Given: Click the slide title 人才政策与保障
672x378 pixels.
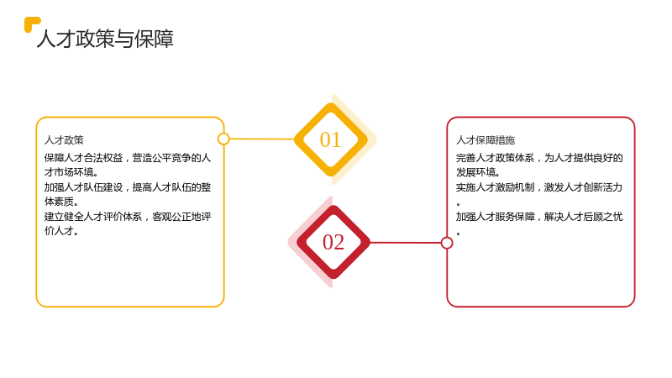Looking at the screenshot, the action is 106,39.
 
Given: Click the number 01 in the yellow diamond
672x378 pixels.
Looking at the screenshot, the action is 330,139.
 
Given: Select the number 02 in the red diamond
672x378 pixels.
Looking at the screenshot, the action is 333,242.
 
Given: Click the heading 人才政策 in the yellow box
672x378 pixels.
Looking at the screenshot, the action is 64,140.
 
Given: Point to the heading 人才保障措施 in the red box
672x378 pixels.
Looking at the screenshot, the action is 486,140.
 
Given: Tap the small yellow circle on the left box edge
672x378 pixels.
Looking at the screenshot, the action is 223,139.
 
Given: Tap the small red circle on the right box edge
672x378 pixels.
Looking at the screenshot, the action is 447,243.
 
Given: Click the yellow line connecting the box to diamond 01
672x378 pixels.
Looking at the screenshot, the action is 262,139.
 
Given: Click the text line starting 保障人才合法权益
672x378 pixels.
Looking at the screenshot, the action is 128,158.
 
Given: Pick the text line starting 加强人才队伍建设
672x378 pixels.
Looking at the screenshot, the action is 128,187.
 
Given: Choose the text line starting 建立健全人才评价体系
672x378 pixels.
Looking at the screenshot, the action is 128,217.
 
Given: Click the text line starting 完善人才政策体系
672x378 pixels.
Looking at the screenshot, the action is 539,158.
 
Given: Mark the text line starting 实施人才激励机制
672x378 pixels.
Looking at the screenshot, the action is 539,187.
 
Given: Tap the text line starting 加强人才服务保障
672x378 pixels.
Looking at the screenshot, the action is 539,217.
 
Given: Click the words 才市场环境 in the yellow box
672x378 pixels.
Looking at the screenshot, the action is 69,172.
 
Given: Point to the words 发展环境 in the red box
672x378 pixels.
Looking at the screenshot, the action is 475,172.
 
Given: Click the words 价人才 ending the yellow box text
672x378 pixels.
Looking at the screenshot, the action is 59,231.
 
